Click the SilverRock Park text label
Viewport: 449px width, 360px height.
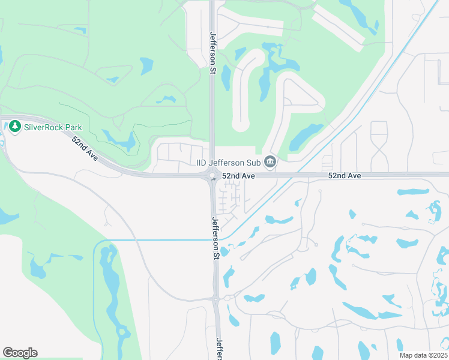coord(53,127)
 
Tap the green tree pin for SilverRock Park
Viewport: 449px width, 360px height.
coord(15,127)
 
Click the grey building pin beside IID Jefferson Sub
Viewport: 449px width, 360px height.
coord(270,162)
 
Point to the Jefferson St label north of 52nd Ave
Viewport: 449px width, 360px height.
coord(212,53)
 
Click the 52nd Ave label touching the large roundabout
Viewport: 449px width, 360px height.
coord(239,176)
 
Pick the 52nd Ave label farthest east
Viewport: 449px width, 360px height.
coord(345,176)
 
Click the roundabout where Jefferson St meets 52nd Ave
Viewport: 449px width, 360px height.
coord(212,176)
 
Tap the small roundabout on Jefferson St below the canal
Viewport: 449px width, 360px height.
coord(216,298)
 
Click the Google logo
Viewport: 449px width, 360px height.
coord(20,353)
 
